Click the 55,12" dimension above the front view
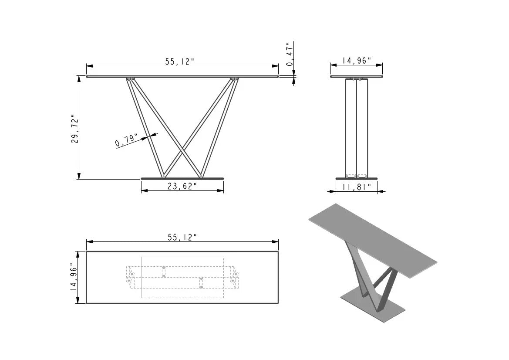pyautogui.click(x=179, y=61)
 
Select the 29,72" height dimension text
pyautogui.click(x=74, y=129)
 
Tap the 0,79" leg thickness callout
pyautogui.click(x=126, y=140)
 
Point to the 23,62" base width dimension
pyautogui.click(x=182, y=187)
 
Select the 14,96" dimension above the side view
pyautogui.click(x=356, y=61)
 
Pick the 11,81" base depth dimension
pyautogui.click(x=356, y=187)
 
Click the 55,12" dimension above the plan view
pyautogui.click(x=182, y=237)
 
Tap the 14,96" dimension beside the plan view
pyautogui.click(x=74, y=277)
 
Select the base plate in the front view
pyautogui.click(x=182, y=178)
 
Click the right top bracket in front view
pyautogui.click(x=235, y=79)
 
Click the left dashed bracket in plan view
pyautogui.click(x=130, y=278)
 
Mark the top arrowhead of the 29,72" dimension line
pyautogui.click(x=79, y=78)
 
